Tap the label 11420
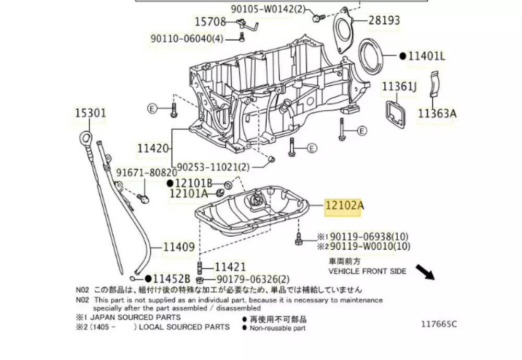click(153, 149)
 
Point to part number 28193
click(384, 20)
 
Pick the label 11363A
click(437, 113)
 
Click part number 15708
click(210, 22)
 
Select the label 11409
click(179, 247)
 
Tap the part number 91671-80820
click(146, 172)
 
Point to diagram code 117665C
click(439, 324)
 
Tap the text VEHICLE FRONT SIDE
click(367, 271)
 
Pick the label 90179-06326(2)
click(253, 280)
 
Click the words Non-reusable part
click(278, 328)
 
